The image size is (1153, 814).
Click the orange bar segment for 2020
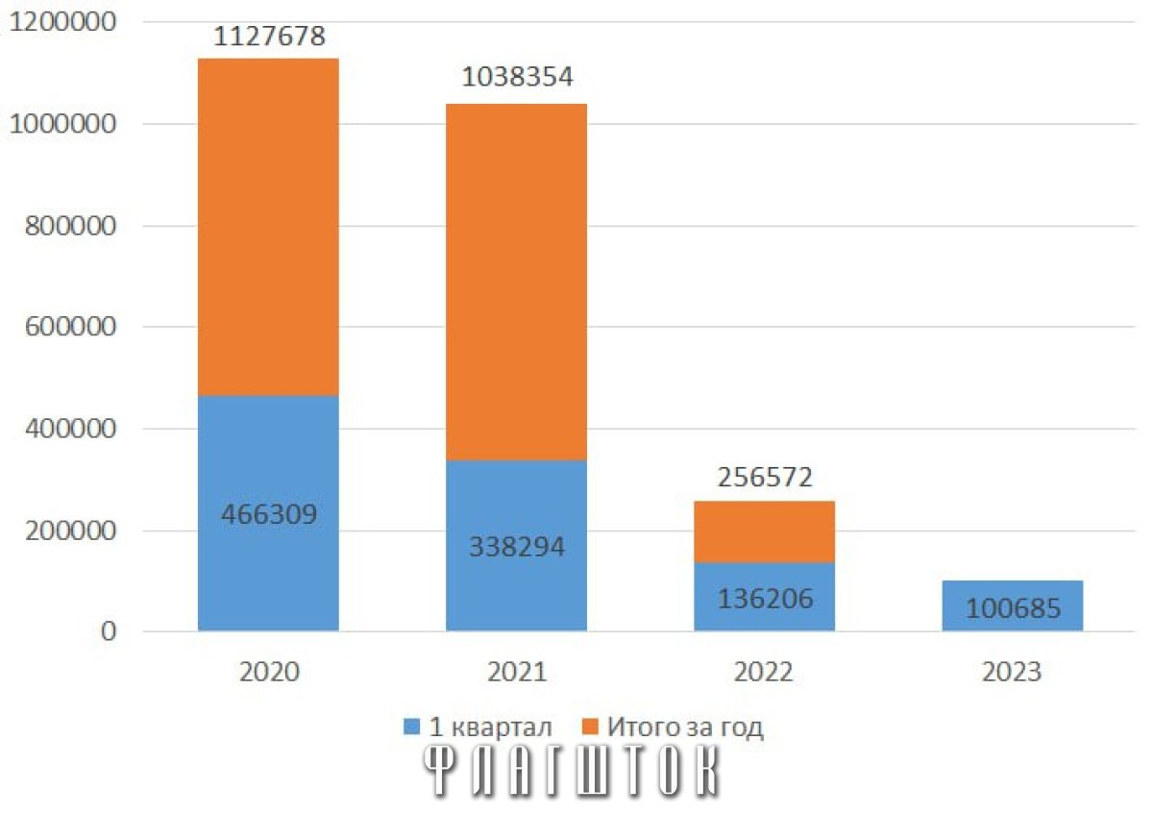[268, 227]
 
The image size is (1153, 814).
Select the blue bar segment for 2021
[516, 545]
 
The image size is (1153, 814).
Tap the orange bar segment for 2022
[765, 531]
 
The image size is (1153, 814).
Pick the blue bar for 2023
[1013, 605]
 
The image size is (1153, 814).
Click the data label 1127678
[269, 37]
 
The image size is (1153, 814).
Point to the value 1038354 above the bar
[517, 77]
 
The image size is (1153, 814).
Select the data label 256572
[765, 478]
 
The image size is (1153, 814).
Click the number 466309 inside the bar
[269, 514]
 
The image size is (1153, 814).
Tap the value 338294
[517, 546]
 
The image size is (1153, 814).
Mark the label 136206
[765, 599]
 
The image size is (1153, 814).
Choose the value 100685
[1013, 608]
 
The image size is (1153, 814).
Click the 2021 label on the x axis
[517, 672]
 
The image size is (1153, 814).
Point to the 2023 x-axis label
[1012, 672]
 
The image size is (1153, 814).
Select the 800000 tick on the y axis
[70, 226]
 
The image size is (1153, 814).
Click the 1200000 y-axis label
[62, 22]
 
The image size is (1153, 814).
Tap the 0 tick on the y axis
[109, 631]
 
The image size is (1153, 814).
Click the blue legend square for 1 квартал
[412, 727]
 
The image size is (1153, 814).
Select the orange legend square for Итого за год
[590, 727]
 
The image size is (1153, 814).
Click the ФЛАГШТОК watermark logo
[571, 771]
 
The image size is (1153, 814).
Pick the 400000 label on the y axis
[70, 429]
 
